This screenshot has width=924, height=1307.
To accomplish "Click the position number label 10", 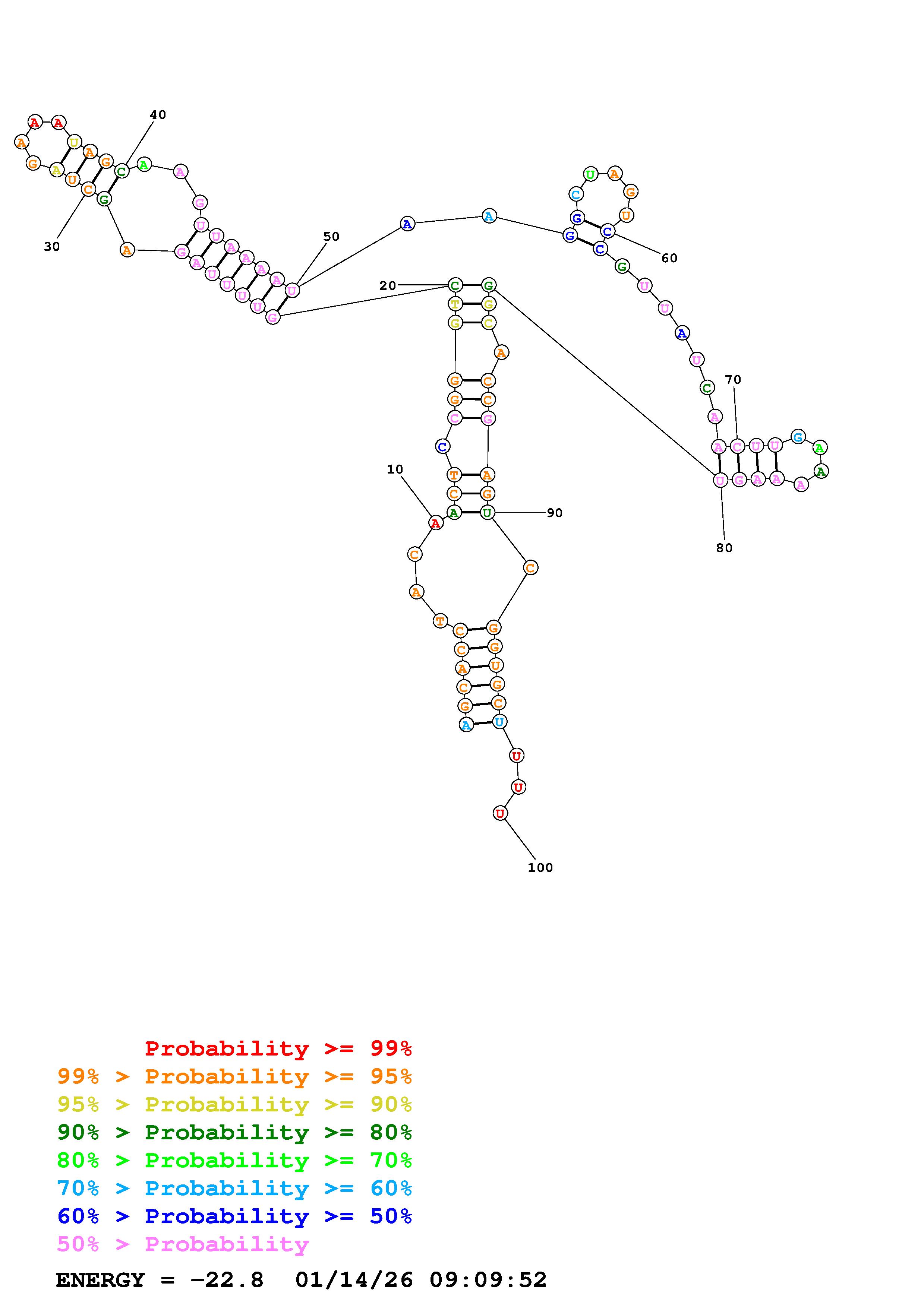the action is [395, 469].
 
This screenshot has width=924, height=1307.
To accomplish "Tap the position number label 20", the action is [388, 286].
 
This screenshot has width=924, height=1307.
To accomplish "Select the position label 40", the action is [158, 115].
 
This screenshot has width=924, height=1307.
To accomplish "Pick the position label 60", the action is [669, 259].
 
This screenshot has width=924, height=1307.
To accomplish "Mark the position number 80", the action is [724, 548].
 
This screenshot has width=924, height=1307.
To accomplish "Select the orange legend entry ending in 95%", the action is [234, 1076].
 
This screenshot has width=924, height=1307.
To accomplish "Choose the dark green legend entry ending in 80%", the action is [234, 1132].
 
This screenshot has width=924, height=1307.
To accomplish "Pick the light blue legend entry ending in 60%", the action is [234, 1188].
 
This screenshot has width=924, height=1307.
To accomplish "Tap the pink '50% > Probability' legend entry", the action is [183, 1244].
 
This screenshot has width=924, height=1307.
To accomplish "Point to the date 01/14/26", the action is [354, 1280].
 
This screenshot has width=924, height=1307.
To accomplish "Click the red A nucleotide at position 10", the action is [435, 523].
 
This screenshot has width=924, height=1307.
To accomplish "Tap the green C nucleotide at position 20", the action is [455, 285].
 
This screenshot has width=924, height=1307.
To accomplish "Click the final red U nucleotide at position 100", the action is [500, 813].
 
